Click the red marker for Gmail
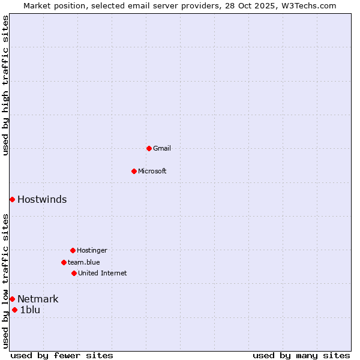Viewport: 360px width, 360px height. [149, 148]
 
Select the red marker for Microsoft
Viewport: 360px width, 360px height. [134, 171]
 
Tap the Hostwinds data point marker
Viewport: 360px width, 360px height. [12, 199]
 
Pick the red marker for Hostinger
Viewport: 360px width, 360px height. [73, 250]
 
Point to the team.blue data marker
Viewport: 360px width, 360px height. [64, 262]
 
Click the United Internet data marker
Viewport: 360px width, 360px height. [74, 273]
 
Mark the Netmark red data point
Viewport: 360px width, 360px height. [12, 299]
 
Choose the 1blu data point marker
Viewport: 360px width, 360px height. [14, 310]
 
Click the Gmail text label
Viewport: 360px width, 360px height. [162, 148]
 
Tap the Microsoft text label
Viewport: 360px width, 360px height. [152, 171]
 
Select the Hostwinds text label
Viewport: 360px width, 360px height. [42, 200]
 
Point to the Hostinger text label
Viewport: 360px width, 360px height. [92, 250]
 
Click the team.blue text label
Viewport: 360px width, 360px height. [84, 262]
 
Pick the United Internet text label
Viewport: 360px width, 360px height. [102, 273]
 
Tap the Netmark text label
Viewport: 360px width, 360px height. [38, 299]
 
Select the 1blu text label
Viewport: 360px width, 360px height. [30, 310]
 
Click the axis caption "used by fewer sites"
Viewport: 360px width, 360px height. [62, 355]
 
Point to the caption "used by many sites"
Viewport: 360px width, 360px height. [301, 355]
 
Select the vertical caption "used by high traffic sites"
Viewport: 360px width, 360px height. [5, 85]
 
